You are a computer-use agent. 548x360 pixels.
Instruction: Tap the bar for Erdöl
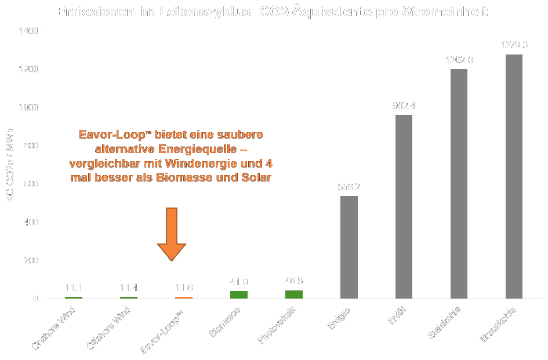[404, 206]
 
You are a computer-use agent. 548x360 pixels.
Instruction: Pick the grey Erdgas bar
[349, 247]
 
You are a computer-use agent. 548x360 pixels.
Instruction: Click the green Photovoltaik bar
[294, 294]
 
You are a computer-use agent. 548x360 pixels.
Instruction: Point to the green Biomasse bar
[239, 294]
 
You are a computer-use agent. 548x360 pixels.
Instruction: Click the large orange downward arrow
[172, 234]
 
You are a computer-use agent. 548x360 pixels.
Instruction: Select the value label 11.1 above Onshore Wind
[74, 288]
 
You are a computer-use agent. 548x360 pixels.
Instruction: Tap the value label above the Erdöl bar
[404, 106]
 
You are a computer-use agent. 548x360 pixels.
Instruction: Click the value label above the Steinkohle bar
[459, 60]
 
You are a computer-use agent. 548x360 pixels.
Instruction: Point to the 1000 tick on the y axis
[30, 107]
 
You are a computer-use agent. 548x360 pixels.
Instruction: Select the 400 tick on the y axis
[32, 222]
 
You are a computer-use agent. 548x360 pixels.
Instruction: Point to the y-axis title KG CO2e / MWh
[10, 174]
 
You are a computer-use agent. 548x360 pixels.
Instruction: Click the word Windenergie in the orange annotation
[191, 164]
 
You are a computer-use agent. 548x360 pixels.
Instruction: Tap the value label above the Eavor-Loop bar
[184, 288]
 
